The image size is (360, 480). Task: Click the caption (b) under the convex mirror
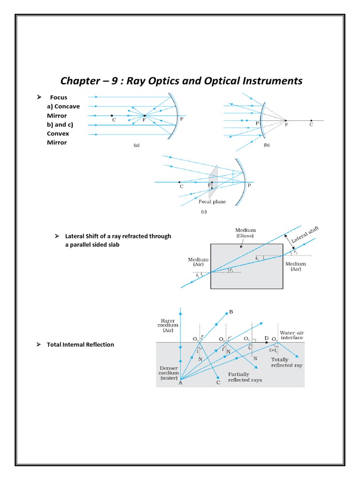tap(267, 145)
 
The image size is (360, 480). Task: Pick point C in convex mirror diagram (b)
tap(311, 125)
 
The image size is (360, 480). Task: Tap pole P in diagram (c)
tap(249, 186)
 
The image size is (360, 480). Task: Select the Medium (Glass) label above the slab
tap(246, 233)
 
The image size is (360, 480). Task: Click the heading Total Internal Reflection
tap(80, 345)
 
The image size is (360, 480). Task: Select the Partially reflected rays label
tap(245, 377)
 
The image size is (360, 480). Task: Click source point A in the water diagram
tap(180, 383)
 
